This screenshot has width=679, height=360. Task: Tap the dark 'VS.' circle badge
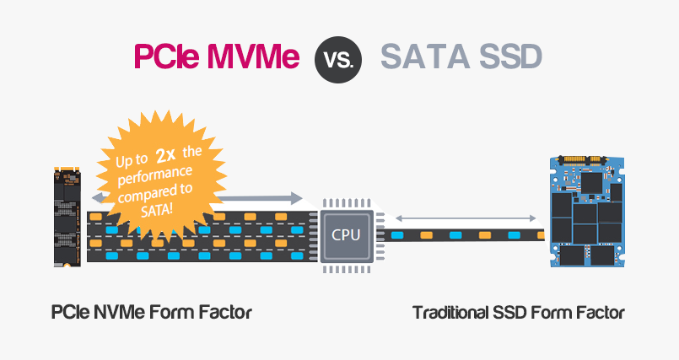(x=339, y=58)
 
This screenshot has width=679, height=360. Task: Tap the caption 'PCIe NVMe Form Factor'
(x=152, y=313)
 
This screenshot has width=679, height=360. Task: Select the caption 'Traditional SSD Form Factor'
(x=518, y=313)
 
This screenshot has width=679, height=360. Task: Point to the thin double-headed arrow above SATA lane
(x=456, y=217)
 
